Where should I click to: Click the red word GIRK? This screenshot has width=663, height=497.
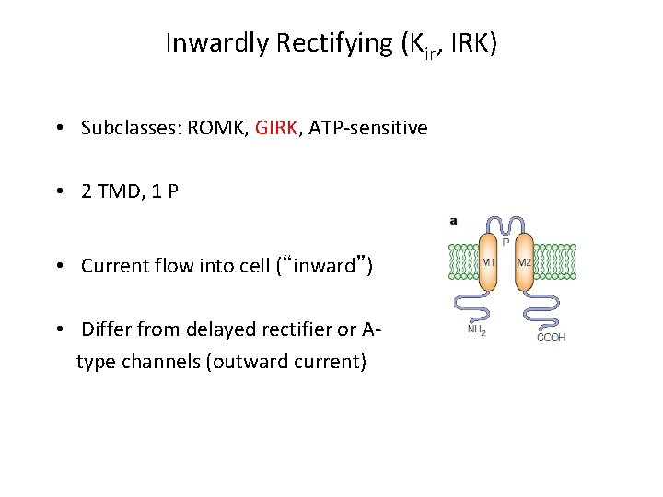[x=277, y=128]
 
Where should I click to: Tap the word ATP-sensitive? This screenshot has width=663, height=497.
[x=368, y=128]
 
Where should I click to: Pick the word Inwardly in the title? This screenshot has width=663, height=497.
[x=215, y=43]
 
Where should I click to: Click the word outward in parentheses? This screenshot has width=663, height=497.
[x=250, y=362]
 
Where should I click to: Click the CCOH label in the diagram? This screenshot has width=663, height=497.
[x=552, y=337]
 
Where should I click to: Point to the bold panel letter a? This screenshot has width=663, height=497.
[x=453, y=221]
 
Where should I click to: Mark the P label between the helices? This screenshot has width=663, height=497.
[x=506, y=241]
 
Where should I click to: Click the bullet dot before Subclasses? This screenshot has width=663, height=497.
[x=58, y=129]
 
